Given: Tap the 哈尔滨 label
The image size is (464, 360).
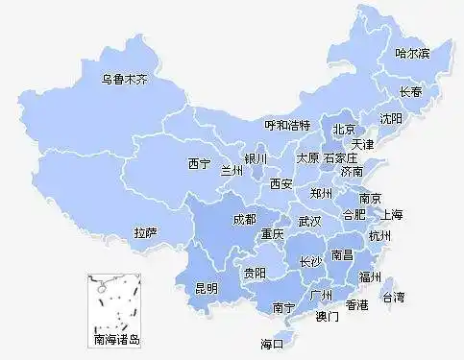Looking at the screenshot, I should point(413,53).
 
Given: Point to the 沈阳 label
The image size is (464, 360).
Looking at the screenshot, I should point(391,119).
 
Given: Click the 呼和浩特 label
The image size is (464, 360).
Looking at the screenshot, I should point(287,126).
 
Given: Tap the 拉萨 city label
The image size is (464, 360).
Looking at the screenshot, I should point(146,232).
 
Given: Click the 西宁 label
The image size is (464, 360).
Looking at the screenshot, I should point(199,163).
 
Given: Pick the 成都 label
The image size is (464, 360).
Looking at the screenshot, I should point(244,220).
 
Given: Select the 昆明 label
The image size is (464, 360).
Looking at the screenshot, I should point(207,287).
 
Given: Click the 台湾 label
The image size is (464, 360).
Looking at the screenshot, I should point(394,297).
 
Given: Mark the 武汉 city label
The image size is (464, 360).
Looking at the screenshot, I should point(309,221).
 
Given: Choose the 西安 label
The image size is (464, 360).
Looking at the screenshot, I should point(281,182).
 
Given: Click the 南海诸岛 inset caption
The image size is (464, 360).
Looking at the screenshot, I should point(116,339).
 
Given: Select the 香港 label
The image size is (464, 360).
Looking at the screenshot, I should point(357,305).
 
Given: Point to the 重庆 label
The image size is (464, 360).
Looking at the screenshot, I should point(272,233).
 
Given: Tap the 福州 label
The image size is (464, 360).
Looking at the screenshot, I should point(370,276).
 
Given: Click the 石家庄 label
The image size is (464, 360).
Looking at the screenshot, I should point(340,156).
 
